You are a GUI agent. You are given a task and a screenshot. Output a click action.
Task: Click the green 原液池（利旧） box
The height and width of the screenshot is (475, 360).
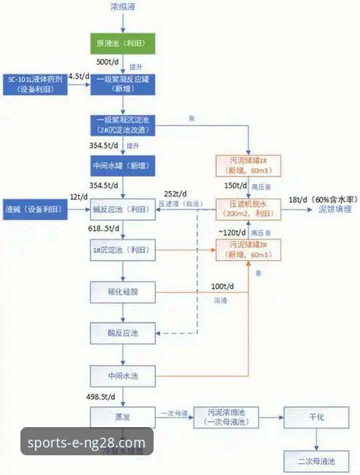click(x=124, y=44)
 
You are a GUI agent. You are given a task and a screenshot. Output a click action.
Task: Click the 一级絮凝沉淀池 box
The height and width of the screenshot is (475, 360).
click(x=124, y=125)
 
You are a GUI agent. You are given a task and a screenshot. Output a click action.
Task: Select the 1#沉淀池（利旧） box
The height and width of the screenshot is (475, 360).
click(x=124, y=250)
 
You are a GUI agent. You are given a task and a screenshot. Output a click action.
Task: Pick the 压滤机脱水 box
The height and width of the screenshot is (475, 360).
click(x=248, y=209)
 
